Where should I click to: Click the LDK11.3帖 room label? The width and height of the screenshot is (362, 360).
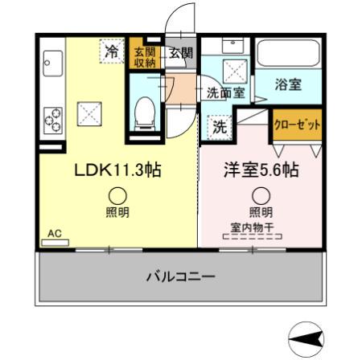coord(117,170)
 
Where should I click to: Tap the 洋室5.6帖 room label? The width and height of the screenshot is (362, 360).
coord(261,170)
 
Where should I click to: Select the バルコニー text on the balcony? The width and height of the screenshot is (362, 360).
coord(181,276)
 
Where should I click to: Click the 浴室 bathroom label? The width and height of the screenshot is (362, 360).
coord(288,84)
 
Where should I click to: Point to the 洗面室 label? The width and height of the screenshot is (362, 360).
coord(226,93)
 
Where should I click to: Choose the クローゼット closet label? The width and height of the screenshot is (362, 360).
coord(297,125)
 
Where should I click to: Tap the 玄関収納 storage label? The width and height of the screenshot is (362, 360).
coord(145,57)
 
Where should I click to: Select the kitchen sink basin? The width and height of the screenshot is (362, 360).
coord(53,63)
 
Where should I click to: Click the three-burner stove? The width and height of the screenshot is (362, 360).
coord(53,121)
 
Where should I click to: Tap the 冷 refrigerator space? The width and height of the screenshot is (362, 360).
coord(112,51)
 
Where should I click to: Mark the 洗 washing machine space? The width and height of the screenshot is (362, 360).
coord(220,127)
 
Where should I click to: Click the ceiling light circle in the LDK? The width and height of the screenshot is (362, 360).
coord(117,196)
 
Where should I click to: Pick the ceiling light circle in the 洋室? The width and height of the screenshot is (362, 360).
coord(261,196)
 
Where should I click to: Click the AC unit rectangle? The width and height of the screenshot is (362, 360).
coord(55,243)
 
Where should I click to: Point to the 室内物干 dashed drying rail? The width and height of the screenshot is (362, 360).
coord(253,237)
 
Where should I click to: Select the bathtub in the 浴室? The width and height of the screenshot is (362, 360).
coord(288,53)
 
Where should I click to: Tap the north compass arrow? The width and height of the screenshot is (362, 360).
coord(306,340)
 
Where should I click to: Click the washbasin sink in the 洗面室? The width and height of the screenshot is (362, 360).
coord(233,46)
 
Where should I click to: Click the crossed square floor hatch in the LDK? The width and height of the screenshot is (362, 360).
coord(89,114)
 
